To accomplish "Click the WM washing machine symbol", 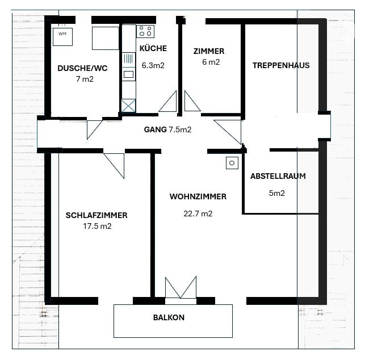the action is tap(62, 37).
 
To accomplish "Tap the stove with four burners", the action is tap(145, 31).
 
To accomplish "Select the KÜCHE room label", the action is tap(153, 48).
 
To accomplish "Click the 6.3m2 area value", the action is tap(153, 65).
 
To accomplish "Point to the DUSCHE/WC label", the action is tap(82, 68).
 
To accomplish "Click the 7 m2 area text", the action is tap(85, 79).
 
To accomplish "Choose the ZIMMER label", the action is tap(209, 51).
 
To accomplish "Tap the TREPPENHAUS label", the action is tap(281, 65).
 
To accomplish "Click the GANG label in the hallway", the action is tap(156, 129).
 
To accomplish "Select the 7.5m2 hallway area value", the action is tap(180, 129).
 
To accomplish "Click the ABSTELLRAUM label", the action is tap(278, 176).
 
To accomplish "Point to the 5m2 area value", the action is tap(277, 193).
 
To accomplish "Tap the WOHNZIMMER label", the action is tap(198, 196).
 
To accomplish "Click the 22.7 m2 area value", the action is tap(198, 214).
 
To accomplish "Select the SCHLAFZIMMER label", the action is tap(97, 215).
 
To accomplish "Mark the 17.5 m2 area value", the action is tap(97, 226).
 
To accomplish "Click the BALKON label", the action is tap(169, 317).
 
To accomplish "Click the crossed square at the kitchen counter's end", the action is tap(128, 106).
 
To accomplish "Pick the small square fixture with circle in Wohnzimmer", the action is tap(232, 163).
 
